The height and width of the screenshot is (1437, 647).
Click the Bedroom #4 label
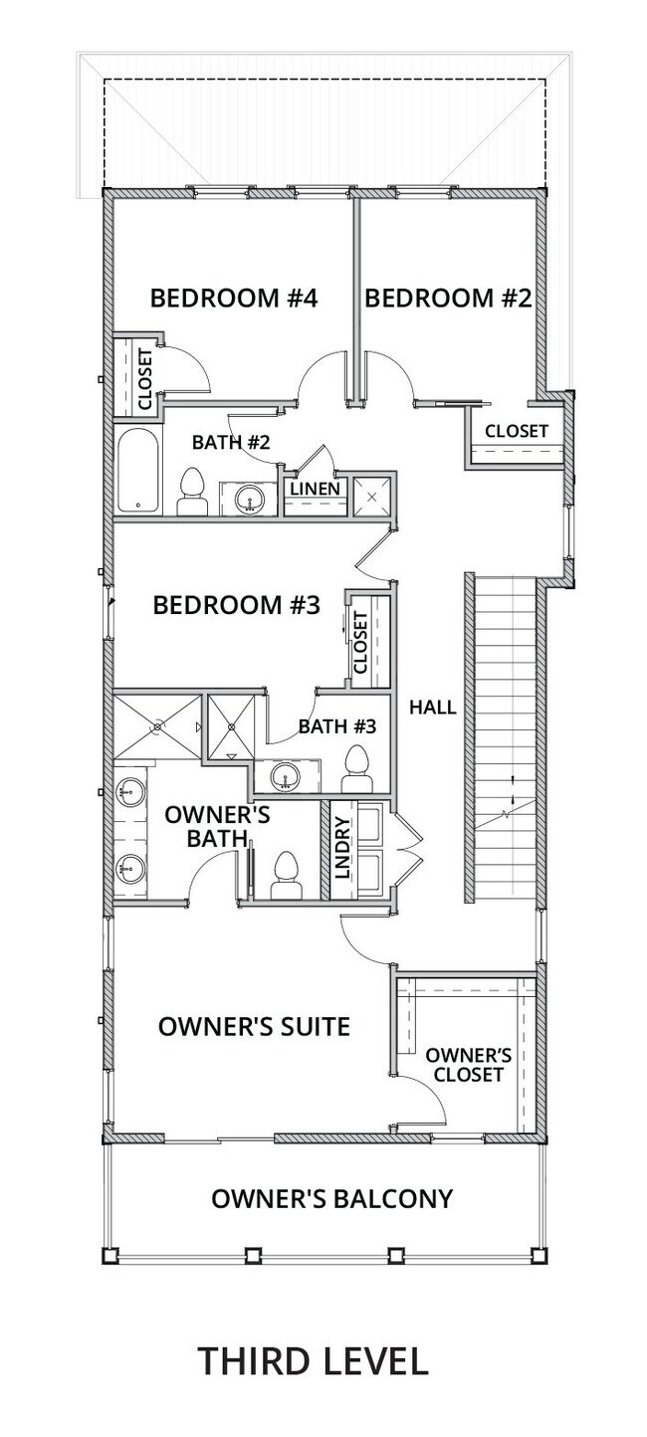[233, 298]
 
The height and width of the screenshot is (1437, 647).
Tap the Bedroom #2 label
[448, 298]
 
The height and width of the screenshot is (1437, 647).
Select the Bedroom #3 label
[236, 605]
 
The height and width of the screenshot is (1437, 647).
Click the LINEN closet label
[316, 490]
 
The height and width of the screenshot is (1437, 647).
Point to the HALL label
[433, 708]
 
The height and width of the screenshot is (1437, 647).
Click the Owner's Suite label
[254, 1026]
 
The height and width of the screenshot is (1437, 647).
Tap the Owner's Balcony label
[331, 1198]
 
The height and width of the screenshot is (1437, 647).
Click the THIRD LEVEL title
[314, 1360]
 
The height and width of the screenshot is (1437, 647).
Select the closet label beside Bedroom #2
[516, 431]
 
